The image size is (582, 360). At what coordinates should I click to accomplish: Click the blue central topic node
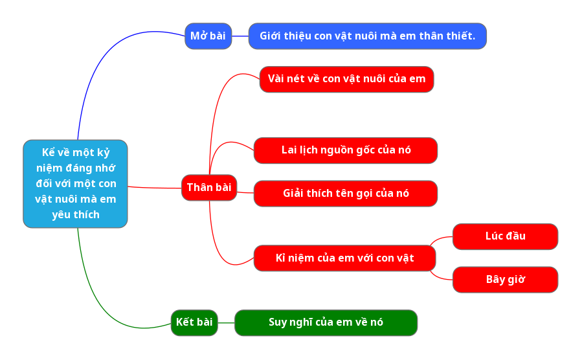(x=75, y=184)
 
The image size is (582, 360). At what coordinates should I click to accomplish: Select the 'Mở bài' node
(x=208, y=36)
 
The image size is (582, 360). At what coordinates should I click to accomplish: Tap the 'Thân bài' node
(x=208, y=188)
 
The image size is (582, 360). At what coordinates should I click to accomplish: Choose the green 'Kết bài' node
(x=194, y=322)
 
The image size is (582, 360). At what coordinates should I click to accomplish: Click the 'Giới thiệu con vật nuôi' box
(x=367, y=36)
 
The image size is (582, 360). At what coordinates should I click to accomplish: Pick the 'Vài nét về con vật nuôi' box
(x=346, y=79)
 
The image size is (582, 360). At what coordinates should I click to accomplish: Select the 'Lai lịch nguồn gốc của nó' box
(x=346, y=150)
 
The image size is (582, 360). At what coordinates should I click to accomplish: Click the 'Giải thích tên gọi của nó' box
(x=346, y=194)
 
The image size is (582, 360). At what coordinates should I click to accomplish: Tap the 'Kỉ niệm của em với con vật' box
(x=344, y=258)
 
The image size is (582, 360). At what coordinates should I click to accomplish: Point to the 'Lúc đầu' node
(x=505, y=236)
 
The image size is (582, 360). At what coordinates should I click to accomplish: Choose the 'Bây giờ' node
(x=505, y=280)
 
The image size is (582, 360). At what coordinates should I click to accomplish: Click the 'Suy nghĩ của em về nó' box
(x=326, y=322)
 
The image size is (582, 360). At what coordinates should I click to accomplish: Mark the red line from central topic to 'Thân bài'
(x=155, y=187)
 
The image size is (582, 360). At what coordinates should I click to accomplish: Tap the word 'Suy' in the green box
(x=278, y=322)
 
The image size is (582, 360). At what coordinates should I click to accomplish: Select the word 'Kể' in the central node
(x=48, y=153)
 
